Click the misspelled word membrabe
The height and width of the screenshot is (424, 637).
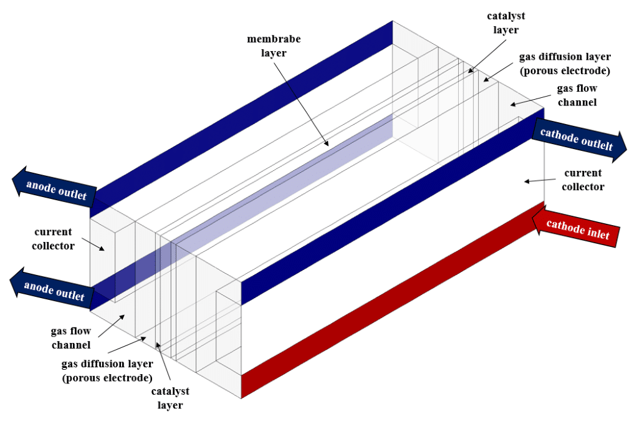[x=273, y=39]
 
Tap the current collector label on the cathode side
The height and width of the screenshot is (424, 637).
[x=582, y=179]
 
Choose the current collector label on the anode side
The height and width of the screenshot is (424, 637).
[x=54, y=239]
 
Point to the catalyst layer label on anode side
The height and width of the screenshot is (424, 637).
[x=170, y=398]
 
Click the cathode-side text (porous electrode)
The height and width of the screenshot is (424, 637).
[x=564, y=71]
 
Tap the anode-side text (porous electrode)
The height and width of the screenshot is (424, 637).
[x=107, y=378]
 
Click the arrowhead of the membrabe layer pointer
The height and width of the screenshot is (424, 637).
[x=328, y=145]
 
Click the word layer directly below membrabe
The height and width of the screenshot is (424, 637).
[x=273, y=53]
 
